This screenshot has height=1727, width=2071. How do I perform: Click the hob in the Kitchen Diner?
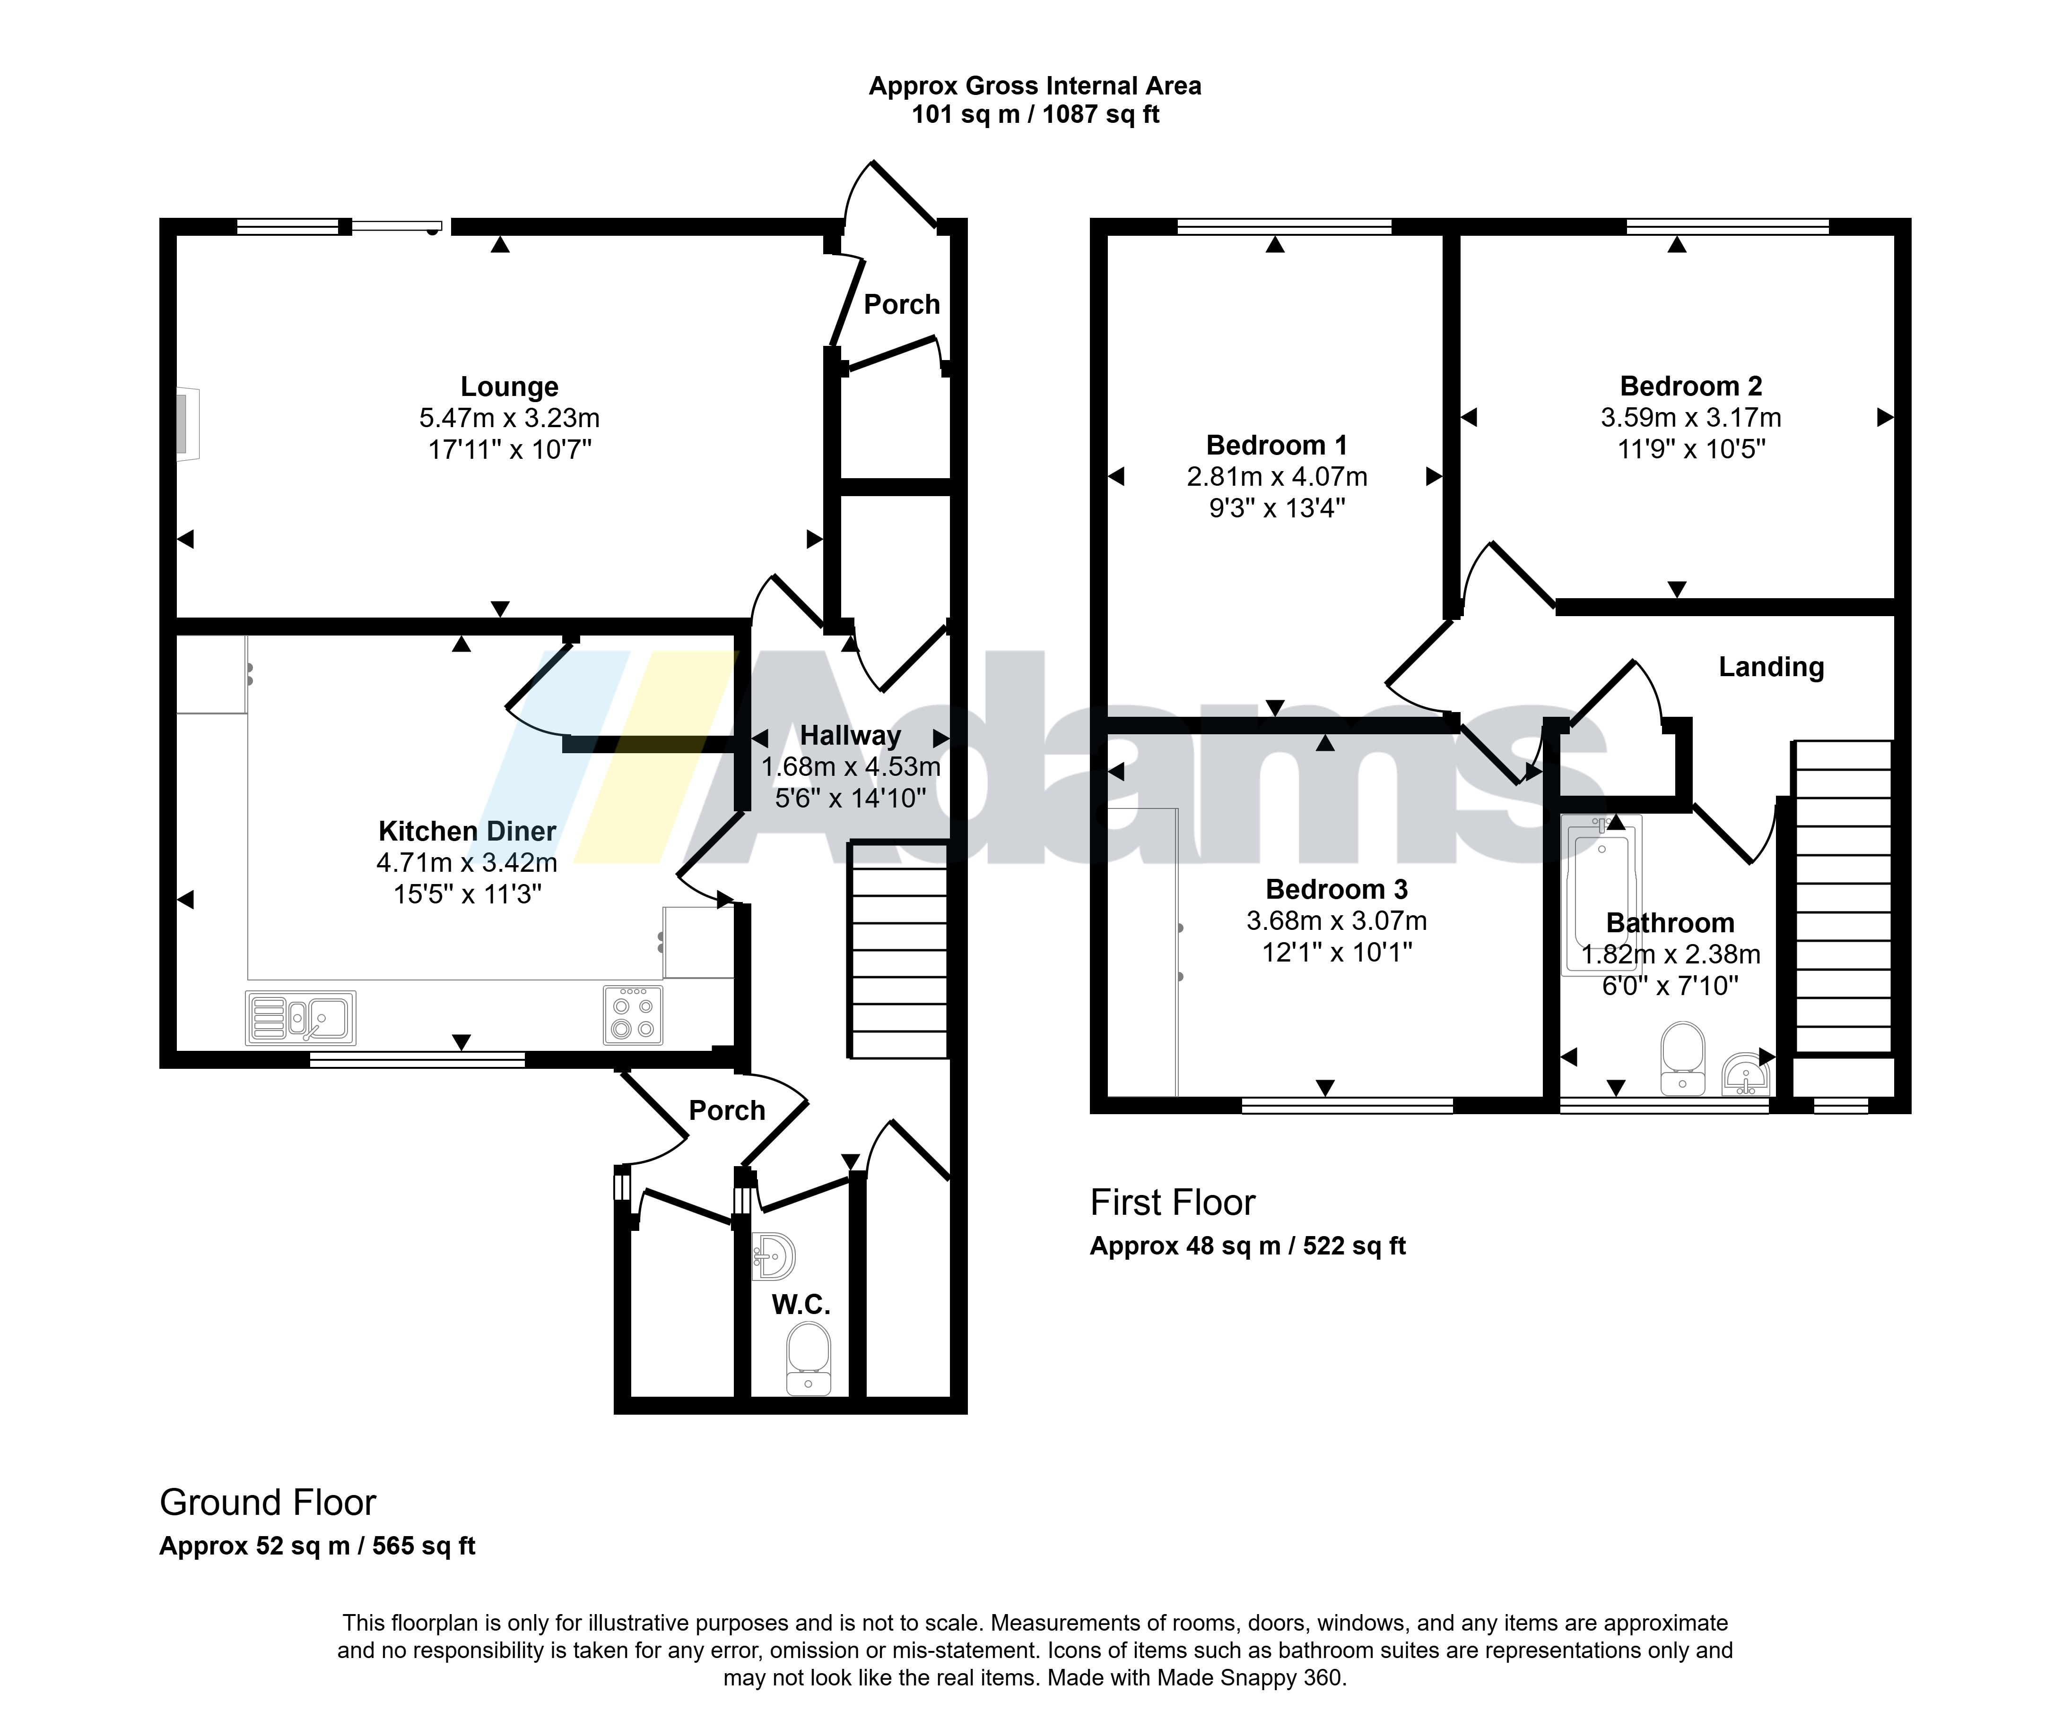(x=633, y=1015)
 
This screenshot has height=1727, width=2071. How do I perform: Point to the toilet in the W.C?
(x=809, y=1358)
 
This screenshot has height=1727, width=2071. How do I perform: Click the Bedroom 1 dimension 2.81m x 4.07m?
(x=1277, y=477)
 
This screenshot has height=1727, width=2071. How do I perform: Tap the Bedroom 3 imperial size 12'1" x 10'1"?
(x=1337, y=952)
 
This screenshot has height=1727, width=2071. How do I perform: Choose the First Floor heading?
(x=1173, y=1203)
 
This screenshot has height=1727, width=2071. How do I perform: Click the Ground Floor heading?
(x=268, y=1502)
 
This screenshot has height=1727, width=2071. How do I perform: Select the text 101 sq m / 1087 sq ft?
(x=1035, y=114)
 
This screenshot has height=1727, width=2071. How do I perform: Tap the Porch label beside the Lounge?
(x=901, y=305)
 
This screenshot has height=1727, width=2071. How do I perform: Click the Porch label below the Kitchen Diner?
(x=727, y=1111)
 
